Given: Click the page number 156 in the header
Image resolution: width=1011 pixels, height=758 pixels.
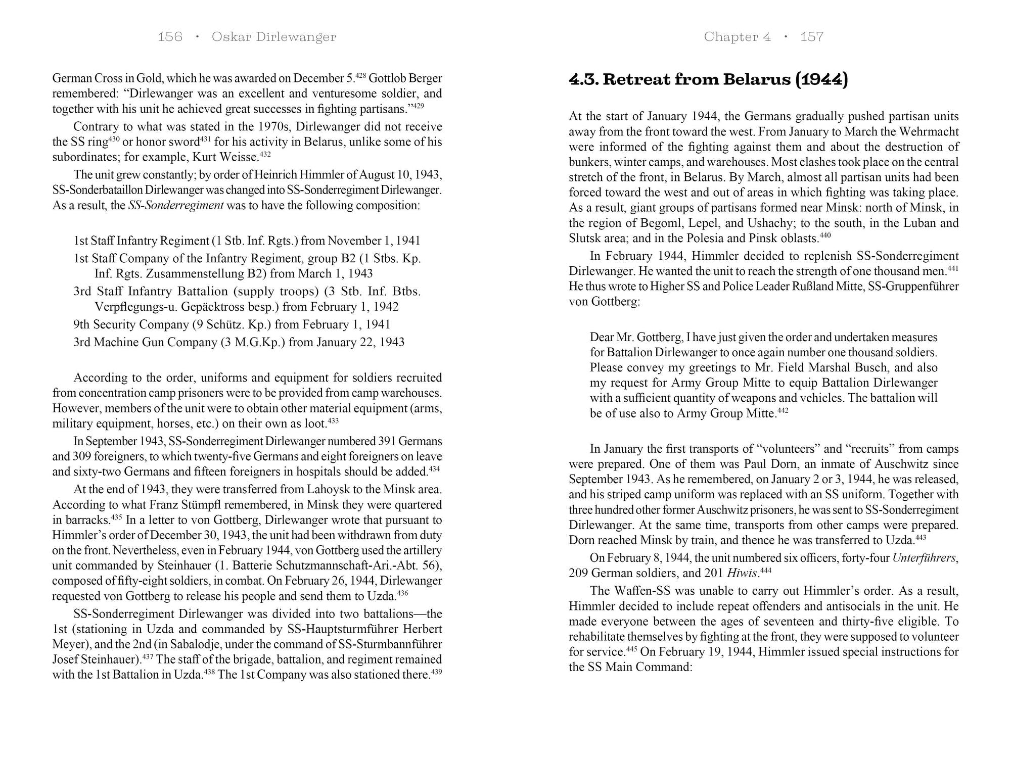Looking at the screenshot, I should point(170,37).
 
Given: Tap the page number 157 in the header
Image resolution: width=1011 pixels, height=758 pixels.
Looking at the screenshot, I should point(811,37).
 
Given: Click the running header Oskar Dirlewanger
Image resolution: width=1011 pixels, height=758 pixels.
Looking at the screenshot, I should point(273,37).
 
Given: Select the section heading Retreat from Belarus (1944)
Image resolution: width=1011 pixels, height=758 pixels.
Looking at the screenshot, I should point(708,80).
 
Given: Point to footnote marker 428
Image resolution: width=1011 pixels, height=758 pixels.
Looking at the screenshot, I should point(360,76).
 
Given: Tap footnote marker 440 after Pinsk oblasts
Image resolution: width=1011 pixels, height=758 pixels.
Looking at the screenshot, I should point(825,235).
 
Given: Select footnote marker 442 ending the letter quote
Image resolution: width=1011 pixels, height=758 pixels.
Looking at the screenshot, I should point(783,410).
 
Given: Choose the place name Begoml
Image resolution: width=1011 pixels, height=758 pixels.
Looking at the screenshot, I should point(659,223).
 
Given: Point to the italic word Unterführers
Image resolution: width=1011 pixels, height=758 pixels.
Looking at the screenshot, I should point(924,558).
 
